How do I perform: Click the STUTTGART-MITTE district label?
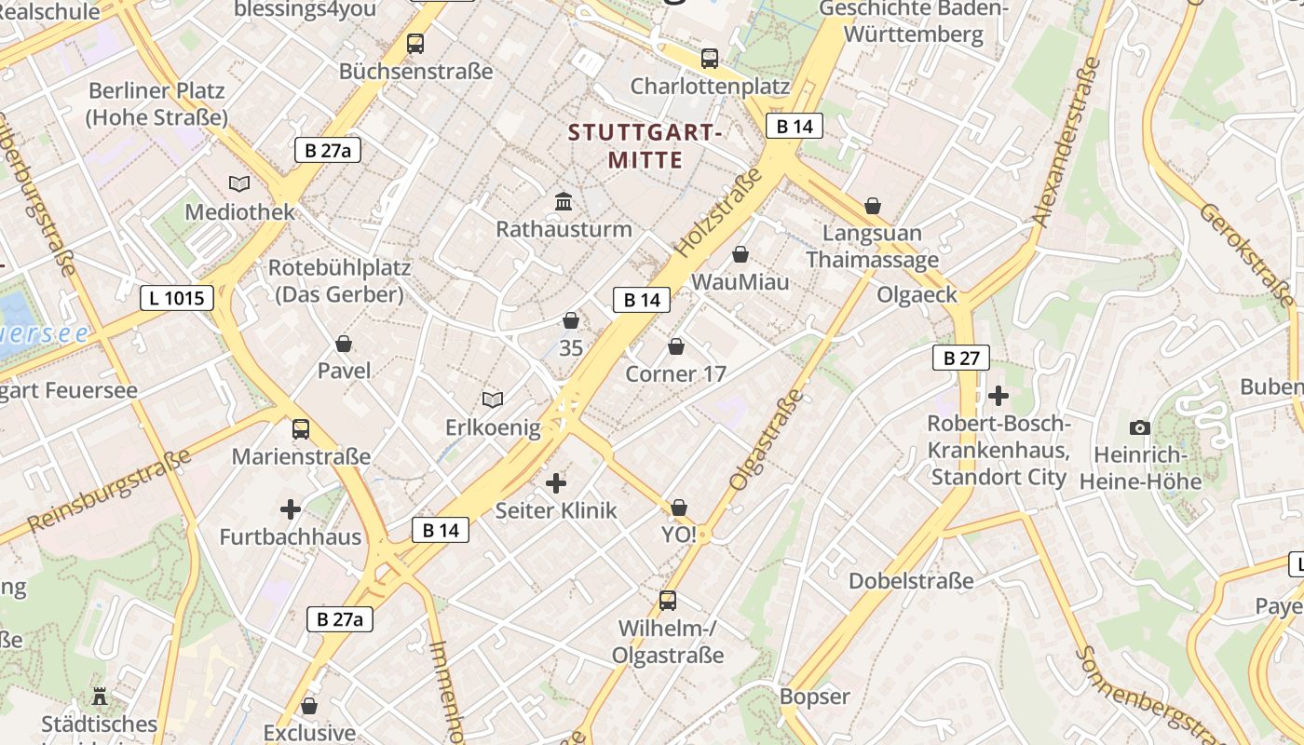(x=645, y=146)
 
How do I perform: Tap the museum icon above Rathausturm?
(x=564, y=201)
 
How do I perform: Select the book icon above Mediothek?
(x=239, y=184)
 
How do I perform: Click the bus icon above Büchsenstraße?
(x=415, y=44)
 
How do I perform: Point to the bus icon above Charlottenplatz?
(x=710, y=59)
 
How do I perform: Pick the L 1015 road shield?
(x=177, y=298)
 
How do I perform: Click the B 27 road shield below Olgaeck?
(x=960, y=358)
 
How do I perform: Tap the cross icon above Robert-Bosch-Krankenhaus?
(x=998, y=396)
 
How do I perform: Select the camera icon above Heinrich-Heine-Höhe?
(x=1139, y=427)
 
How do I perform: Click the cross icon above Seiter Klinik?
(x=556, y=482)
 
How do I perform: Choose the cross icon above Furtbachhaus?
(x=291, y=509)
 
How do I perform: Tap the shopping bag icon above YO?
(x=679, y=508)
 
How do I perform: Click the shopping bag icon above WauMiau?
(x=740, y=253)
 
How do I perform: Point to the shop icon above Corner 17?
(x=676, y=346)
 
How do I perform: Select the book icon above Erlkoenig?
(x=493, y=400)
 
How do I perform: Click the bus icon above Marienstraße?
(x=301, y=429)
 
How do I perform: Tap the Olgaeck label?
(x=917, y=294)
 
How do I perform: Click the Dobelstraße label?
(x=910, y=581)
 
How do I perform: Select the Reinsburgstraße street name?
(x=110, y=491)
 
